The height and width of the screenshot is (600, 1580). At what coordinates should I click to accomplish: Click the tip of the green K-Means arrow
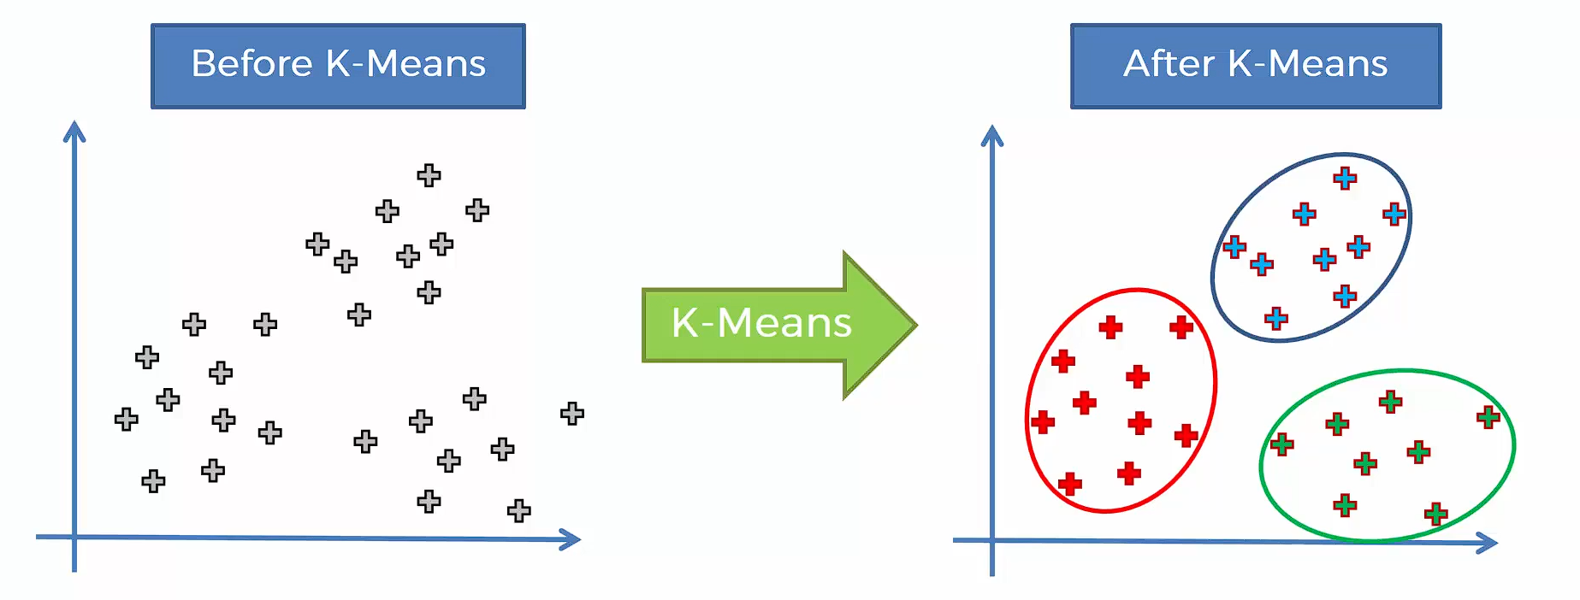pyautogui.click(x=917, y=325)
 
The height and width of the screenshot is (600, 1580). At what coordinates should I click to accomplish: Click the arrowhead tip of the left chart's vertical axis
pyautogui.click(x=74, y=122)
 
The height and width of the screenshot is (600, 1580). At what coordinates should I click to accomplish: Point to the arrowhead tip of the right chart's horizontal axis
pyautogui.click(x=1497, y=543)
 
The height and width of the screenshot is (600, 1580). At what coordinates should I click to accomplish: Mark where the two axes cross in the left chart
pyautogui.click(x=74, y=537)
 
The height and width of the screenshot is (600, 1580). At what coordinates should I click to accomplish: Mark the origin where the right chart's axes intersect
pyautogui.click(x=992, y=540)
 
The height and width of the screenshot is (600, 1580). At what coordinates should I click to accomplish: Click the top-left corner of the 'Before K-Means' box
pyautogui.click(x=151, y=24)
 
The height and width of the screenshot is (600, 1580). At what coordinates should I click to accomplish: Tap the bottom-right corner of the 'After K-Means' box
pyautogui.click(x=1441, y=109)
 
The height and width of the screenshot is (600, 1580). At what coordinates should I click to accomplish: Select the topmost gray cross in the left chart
pyautogui.click(x=429, y=175)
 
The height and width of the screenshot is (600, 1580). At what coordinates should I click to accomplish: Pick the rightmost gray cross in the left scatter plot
pyautogui.click(x=572, y=414)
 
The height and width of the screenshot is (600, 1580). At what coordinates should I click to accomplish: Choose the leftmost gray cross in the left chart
pyautogui.click(x=126, y=419)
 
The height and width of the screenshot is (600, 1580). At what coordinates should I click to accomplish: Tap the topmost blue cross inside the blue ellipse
pyautogui.click(x=1345, y=178)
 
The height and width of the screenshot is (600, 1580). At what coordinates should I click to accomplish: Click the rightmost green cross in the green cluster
pyautogui.click(x=1488, y=417)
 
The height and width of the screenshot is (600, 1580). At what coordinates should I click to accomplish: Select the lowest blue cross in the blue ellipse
pyautogui.click(x=1276, y=319)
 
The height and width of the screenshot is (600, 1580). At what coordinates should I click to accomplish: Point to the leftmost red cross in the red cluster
pyautogui.click(x=1043, y=421)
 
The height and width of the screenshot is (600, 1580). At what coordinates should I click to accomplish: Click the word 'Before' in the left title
pyautogui.click(x=252, y=63)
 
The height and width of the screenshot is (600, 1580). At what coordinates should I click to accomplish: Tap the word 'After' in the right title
pyautogui.click(x=1169, y=63)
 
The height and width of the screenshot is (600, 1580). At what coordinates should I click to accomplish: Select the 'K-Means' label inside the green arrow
pyautogui.click(x=761, y=323)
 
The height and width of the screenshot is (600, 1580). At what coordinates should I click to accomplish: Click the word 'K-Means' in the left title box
pyautogui.click(x=406, y=63)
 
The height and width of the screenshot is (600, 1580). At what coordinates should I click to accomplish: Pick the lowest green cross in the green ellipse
pyautogui.click(x=1436, y=514)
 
